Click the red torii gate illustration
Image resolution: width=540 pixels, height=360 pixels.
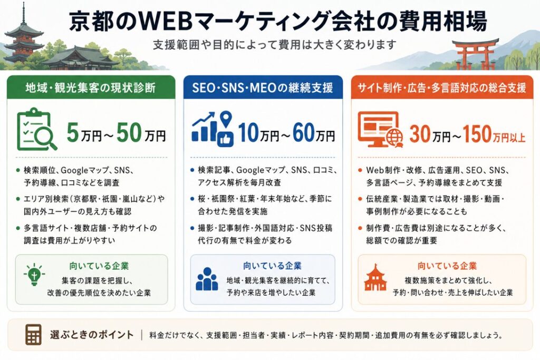(475, 54)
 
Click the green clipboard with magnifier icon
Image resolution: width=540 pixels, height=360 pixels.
(37, 130)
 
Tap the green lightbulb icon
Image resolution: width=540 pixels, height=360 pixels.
(34, 274)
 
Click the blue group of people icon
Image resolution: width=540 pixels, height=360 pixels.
(207, 279)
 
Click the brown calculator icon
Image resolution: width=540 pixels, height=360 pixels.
(33, 335)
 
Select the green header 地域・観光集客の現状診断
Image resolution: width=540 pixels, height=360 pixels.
(91, 87)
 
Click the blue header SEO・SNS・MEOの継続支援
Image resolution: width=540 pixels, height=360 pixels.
(263, 87)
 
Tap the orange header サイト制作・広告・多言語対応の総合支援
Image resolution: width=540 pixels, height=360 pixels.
(442, 87)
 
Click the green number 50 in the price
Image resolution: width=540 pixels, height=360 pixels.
(129, 132)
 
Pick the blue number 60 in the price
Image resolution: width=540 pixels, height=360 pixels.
(304, 132)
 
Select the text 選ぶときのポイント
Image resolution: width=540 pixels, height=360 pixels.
(92, 335)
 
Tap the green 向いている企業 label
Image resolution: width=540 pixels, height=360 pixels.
(99, 266)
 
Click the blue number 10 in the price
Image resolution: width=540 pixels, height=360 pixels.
(249, 132)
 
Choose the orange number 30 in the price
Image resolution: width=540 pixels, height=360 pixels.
(421, 133)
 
